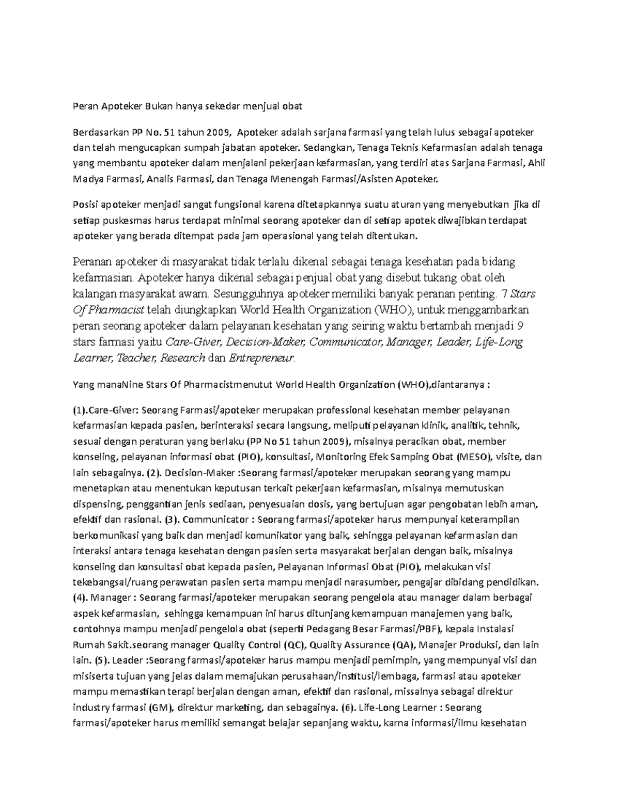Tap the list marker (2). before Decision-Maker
click(x=155, y=473)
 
